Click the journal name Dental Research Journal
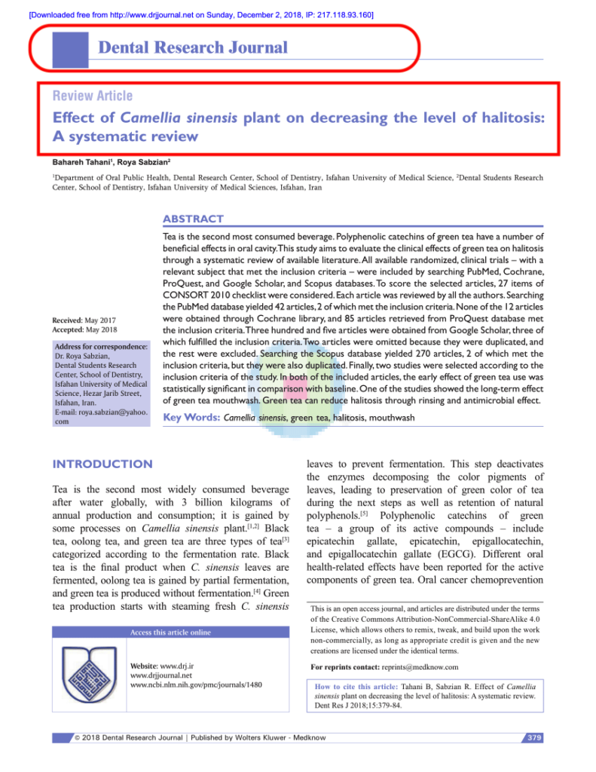(x=193, y=48)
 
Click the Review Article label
(x=92, y=96)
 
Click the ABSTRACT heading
(x=193, y=219)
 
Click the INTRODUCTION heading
(x=102, y=464)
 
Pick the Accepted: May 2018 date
(x=83, y=329)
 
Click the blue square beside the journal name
(x=67, y=48)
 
